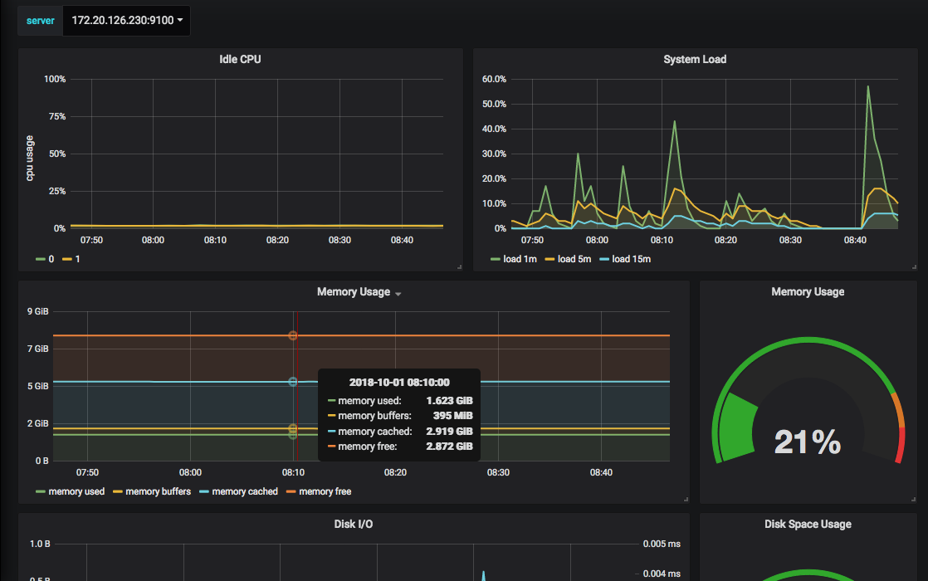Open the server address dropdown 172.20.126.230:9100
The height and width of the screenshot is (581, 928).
click(x=127, y=21)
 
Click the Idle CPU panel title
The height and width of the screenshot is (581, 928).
click(x=240, y=59)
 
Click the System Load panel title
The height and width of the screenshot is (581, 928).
click(x=695, y=59)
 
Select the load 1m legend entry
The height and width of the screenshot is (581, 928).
click(x=514, y=259)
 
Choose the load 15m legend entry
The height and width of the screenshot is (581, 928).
click(x=625, y=259)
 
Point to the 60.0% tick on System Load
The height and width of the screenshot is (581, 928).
click(x=494, y=80)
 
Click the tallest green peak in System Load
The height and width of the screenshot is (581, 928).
click(x=867, y=86)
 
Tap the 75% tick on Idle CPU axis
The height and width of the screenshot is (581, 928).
click(x=57, y=116)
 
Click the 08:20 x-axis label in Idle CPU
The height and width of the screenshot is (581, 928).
click(x=277, y=240)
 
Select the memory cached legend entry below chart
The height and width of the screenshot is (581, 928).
click(x=238, y=491)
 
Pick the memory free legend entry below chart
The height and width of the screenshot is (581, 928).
click(x=319, y=491)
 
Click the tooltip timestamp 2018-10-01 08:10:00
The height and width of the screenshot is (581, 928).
click(x=399, y=382)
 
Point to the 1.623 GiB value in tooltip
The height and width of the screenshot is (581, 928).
click(x=449, y=401)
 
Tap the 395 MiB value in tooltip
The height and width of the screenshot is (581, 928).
click(x=452, y=416)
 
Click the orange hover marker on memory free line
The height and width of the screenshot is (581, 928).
click(x=292, y=335)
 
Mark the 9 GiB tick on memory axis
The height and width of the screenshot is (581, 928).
click(x=38, y=312)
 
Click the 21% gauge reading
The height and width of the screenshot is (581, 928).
click(x=808, y=442)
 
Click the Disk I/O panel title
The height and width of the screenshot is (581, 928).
click(x=354, y=525)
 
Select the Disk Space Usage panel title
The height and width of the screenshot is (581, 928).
click(x=808, y=525)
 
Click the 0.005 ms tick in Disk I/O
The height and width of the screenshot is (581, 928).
click(x=662, y=544)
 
